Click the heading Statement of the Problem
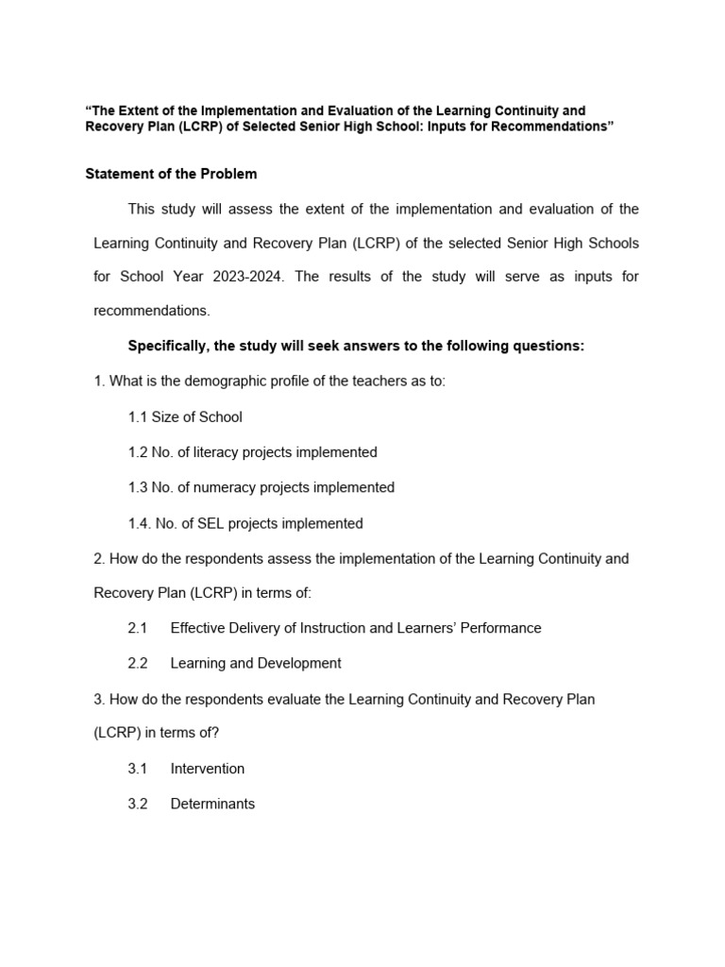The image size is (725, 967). (x=171, y=174)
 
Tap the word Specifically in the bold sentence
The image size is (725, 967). (x=166, y=346)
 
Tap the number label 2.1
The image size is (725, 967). (x=138, y=628)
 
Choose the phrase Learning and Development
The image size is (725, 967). (x=256, y=663)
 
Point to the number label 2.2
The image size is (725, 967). (x=138, y=663)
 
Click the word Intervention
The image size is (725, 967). (x=207, y=769)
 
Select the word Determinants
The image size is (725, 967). (x=212, y=804)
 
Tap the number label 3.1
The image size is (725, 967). (x=138, y=769)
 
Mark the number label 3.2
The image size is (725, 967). (x=138, y=804)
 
